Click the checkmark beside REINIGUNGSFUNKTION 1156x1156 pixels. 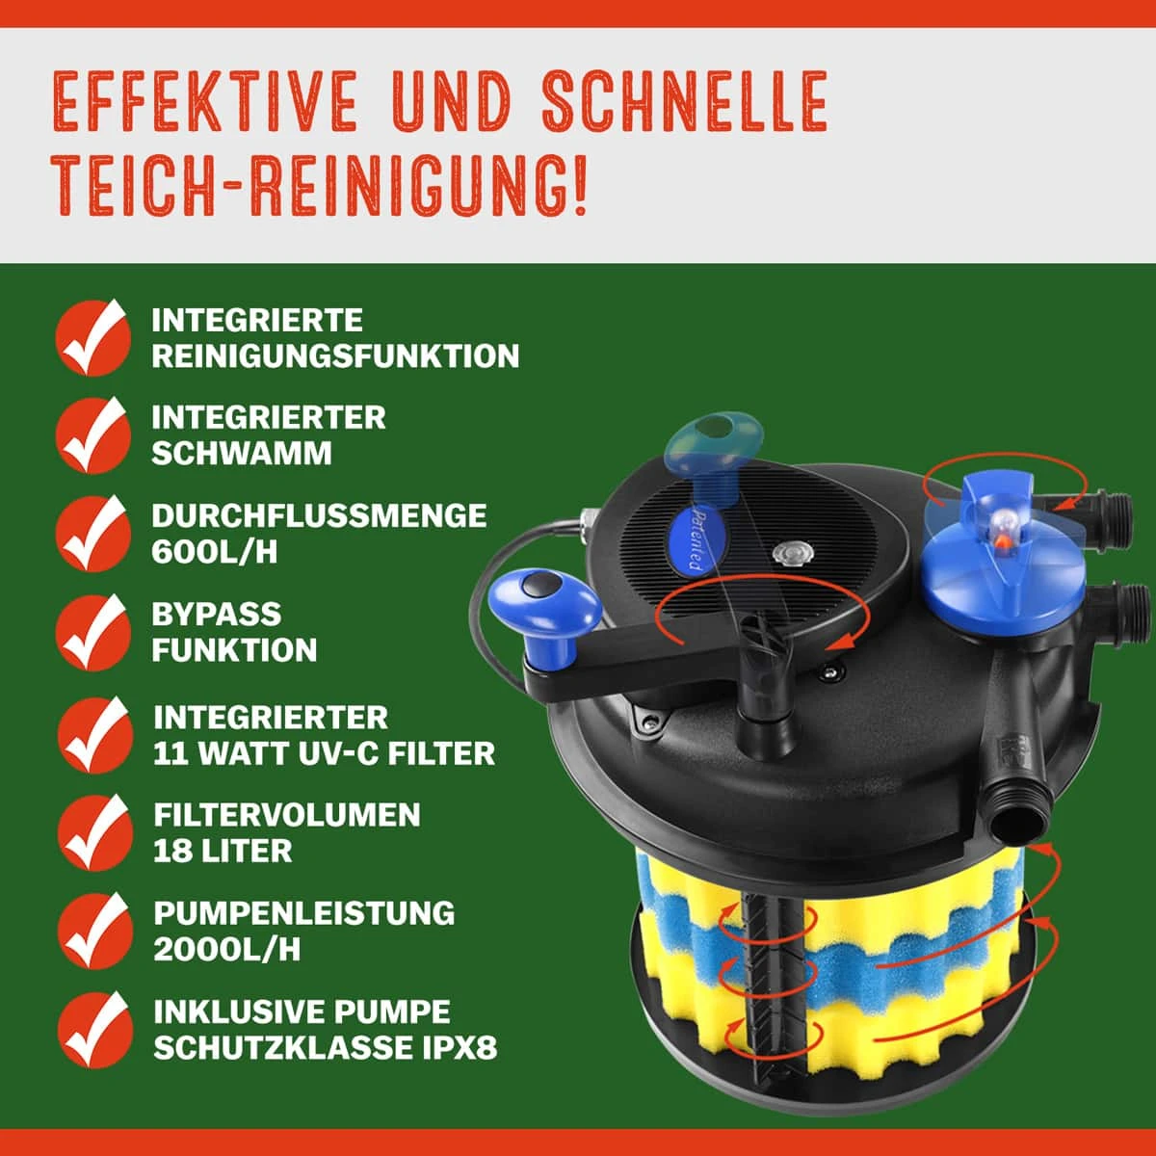[x=92, y=337]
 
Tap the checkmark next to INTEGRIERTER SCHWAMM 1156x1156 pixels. [x=92, y=435]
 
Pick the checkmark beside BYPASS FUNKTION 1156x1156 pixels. [x=92, y=632]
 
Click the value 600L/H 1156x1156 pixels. [x=214, y=552]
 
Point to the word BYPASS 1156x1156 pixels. [x=216, y=614]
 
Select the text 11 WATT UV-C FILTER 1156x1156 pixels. [x=324, y=753]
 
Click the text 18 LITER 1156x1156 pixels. [x=222, y=851]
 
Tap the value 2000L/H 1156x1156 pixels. [x=226, y=949]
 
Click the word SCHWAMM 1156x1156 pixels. [x=241, y=454]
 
